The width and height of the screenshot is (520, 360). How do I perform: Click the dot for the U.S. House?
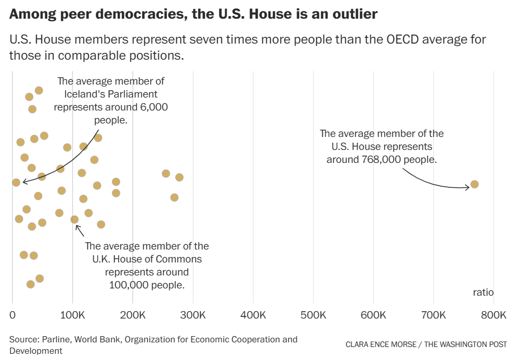click(474, 184)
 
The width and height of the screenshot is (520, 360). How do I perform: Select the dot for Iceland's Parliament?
click(16, 182)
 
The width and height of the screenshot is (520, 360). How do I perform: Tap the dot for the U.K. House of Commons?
click(75, 219)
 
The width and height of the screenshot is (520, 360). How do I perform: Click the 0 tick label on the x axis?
click(12, 315)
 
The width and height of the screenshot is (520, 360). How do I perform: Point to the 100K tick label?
click(73, 315)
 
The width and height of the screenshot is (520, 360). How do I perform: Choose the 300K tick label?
click(193, 315)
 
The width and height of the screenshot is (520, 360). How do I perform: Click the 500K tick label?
click(313, 315)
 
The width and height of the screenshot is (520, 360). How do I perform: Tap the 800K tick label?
click(494, 315)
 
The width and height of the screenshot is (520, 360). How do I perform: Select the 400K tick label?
click(253, 315)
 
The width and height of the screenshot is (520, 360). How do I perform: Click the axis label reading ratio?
click(483, 293)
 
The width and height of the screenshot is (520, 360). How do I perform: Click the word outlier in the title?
click(354, 14)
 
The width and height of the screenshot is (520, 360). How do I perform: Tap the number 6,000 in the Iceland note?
click(154, 107)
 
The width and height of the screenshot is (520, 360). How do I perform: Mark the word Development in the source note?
click(36, 351)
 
